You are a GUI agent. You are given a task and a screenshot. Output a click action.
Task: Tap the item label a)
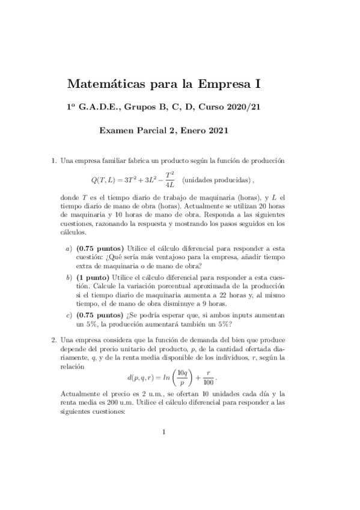point(69,248)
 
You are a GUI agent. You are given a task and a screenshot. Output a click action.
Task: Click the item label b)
point(69,277)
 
